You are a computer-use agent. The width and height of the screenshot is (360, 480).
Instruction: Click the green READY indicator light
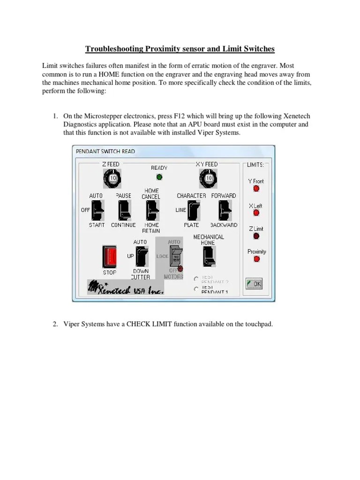click(159, 177)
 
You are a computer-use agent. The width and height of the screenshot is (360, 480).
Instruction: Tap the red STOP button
click(109, 256)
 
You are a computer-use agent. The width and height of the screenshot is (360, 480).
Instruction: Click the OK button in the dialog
click(254, 284)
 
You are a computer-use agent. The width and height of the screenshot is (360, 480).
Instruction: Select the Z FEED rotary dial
click(112, 178)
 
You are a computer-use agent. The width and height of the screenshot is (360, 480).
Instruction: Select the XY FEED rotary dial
click(206, 178)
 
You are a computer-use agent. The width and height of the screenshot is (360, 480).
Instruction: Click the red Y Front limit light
click(256, 189)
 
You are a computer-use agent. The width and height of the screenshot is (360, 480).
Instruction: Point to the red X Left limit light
click(256, 213)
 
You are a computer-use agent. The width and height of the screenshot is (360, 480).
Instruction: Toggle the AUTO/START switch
click(97, 210)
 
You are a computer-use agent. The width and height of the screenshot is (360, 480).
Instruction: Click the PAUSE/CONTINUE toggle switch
click(124, 210)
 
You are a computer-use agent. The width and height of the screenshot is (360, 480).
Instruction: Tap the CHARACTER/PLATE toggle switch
click(192, 210)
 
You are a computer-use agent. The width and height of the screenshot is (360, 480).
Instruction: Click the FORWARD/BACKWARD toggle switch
click(225, 210)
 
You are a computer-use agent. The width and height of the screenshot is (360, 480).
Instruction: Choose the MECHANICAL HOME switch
click(209, 256)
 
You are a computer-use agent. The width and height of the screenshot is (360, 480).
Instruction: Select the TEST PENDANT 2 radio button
click(196, 278)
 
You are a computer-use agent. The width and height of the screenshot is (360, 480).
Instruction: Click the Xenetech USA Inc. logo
click(126, 288)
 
